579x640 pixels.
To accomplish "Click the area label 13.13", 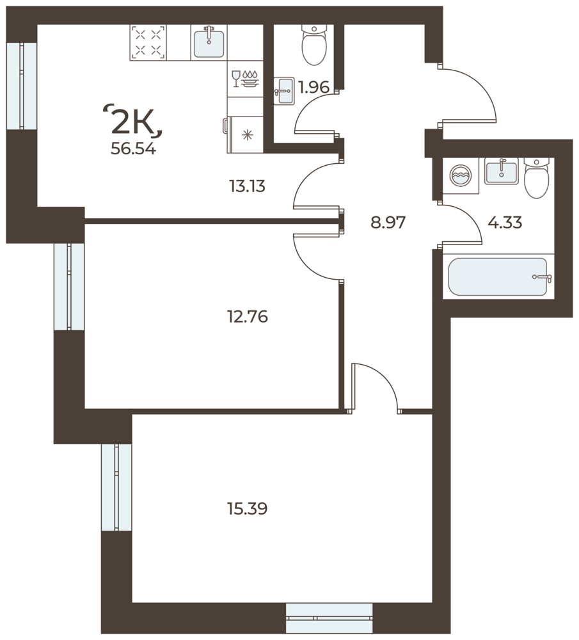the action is (x=247, y=186).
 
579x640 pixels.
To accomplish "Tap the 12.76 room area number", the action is (x=247, y=316).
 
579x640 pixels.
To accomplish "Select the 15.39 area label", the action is (x=247, y=509).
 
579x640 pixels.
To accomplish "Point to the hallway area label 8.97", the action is (x=388, y=223).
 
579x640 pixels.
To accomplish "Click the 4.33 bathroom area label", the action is (x=505, y=223).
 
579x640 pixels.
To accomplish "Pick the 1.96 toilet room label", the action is (x=313, y=87).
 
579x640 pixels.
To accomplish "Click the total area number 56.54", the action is (x=133, y=149).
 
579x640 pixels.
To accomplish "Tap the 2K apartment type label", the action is (x=134, y=120).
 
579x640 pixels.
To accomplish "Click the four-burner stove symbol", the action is (x=148, y=43).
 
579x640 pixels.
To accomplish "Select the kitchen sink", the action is (x=209, y=43).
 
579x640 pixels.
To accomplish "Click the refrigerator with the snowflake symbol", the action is (x=244, y=134).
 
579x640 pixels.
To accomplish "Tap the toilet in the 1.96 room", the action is (x=313, y=44).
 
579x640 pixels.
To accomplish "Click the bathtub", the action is (x=497, y=276).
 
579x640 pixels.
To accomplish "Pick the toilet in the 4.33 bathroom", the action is (x=537, y=178).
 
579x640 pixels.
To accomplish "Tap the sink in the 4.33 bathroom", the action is (x=502, y=171).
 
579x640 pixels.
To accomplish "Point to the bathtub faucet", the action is (x=543, y=278).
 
